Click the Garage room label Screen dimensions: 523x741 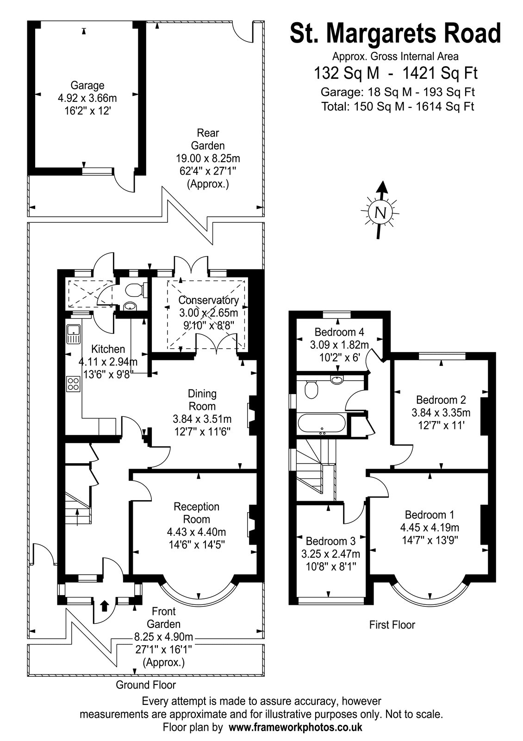coord(87,85)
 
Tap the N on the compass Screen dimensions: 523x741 coord(381,212)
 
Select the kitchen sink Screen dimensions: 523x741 coord(73,334)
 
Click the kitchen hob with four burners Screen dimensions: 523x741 coord(74,384)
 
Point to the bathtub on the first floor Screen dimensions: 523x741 coord(321,423)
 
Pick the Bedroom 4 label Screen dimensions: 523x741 coord(339,332)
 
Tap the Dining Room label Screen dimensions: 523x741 coord(202,400)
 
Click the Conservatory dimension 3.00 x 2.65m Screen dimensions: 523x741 coord(208,313)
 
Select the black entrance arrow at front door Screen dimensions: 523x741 coord(105,605)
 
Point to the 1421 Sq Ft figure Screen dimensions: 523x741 coord(440,73)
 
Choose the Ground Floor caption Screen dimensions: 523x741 coord(146,685)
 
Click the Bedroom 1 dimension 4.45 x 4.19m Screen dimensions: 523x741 coord(430,527)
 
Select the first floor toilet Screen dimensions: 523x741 coord(311,389)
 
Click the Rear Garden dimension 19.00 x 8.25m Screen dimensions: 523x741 coord(208,158)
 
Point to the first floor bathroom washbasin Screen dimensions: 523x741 coord(337,379)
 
